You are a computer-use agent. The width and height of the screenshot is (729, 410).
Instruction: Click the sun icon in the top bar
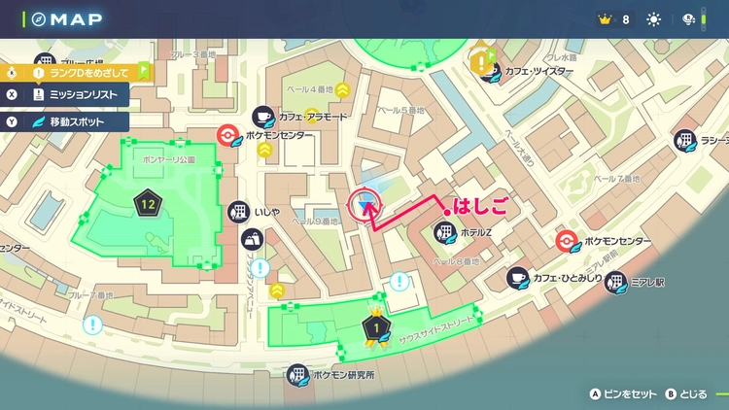(653, 19)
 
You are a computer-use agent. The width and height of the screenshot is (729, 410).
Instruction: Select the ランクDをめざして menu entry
(88, 71)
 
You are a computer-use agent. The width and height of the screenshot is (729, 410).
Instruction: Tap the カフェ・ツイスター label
(545, 70)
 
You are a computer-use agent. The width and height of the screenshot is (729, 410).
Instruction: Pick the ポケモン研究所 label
(343, 374)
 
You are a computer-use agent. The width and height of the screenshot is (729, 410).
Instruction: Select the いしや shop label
(267, 211)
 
